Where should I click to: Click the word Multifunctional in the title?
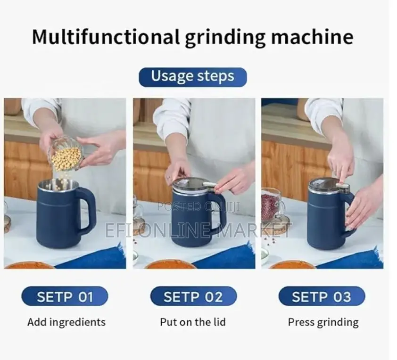[x=105, y=37]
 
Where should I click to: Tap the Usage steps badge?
[x=192, y=77]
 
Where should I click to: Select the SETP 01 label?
[x=65, y=297]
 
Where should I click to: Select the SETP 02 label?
[x=193, y=297]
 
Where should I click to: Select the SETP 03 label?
[x=322, y=297]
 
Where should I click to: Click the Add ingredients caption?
[x=66, y=322]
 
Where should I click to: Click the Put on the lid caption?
[x=193, y=322]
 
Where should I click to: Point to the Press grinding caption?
[x=323, y=322]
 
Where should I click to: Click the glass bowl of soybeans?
[x=66, y=153]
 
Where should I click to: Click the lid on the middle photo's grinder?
[x=191, y=184]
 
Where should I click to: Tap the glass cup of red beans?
[x=272, y=205]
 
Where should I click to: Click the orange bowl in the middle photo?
[x=170, y=264]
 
